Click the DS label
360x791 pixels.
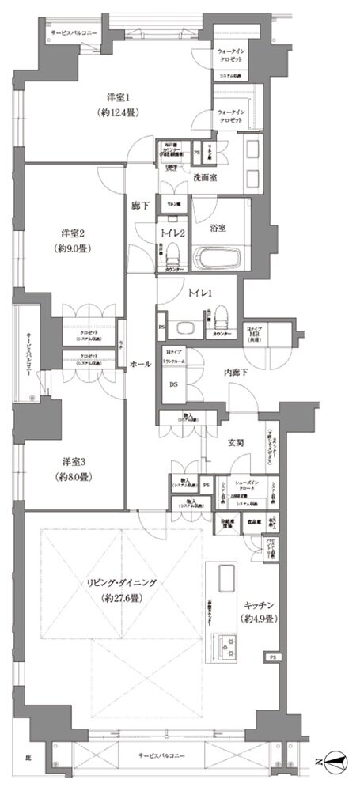173,385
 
